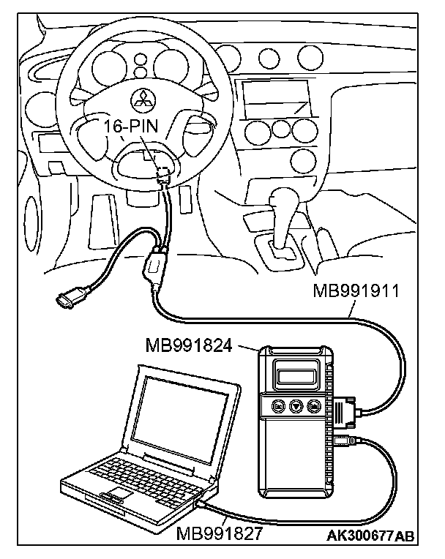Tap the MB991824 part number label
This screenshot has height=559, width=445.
pyautogui.click(x=189, y=344)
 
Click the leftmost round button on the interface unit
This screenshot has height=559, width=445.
pyautogui.click(x=277, y=406)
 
